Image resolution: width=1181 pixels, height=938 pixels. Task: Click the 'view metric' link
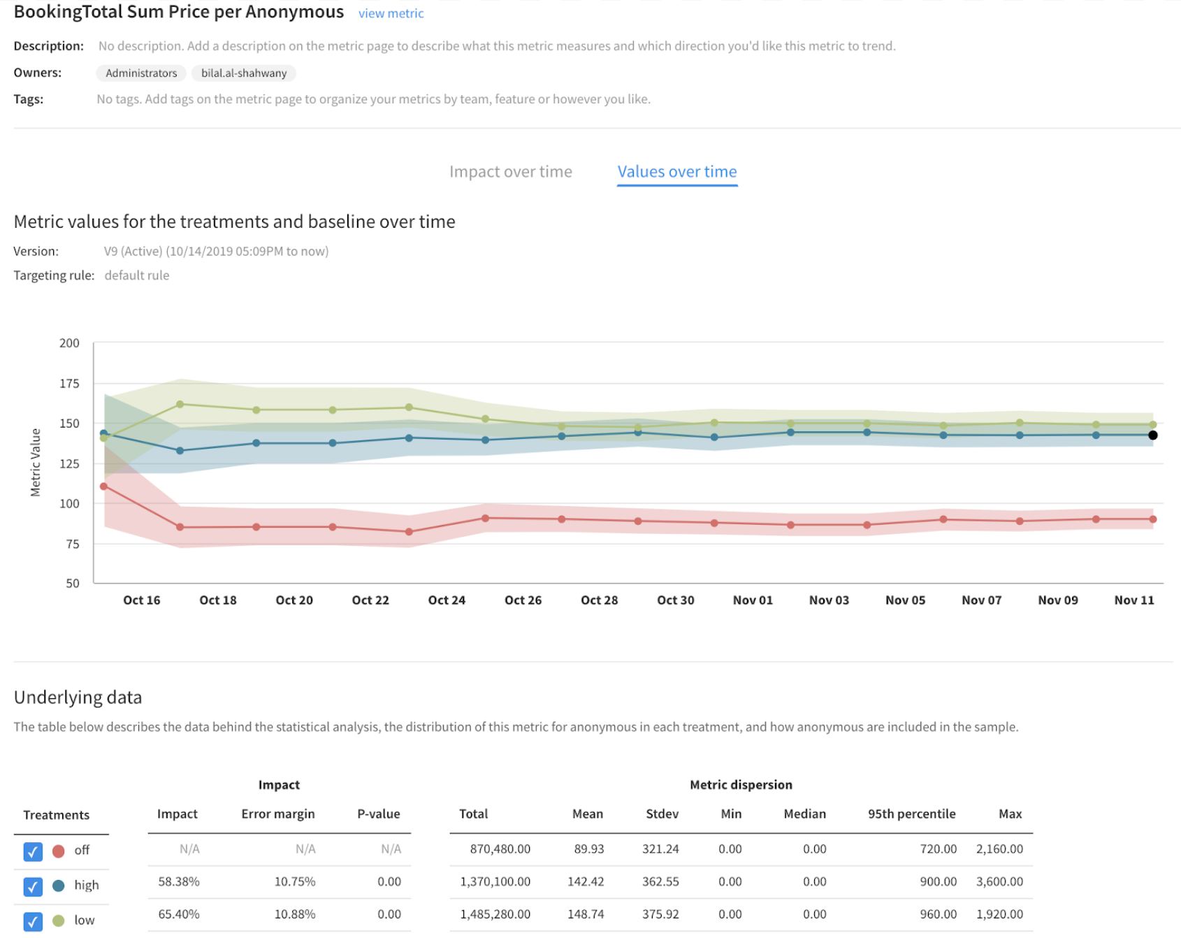click(391, 13)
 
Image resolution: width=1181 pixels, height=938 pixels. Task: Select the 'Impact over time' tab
click(510, 172)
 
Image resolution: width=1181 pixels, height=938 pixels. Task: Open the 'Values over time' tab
click(676, 172)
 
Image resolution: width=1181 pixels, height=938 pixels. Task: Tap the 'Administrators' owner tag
click(141, 73)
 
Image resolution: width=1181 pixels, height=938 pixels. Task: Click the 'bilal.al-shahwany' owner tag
click(244, 73)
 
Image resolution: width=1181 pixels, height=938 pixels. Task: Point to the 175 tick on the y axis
click(69, 383)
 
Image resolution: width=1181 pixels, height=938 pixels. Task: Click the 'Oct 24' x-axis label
click(447, 600)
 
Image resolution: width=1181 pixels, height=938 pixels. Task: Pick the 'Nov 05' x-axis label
click(905, 600)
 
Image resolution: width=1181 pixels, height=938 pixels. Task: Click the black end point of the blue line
click(1152, 435)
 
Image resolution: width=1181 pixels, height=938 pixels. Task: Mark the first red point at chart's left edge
click(104, 486)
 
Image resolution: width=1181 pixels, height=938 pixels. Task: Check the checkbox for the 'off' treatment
click(33, 851)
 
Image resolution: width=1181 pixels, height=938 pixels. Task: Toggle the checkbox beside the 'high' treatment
click(33, 886)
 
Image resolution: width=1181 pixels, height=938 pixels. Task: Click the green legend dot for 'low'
click(59, 921)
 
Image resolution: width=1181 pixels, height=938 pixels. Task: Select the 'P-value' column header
click(378, 814)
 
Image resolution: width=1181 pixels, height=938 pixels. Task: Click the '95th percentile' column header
click(911, 814)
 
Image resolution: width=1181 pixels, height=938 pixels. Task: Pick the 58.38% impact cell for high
click(179, 882)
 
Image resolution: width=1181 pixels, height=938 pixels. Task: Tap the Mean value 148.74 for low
click(586, 914)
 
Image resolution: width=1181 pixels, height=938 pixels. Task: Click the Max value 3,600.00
click(999, 882)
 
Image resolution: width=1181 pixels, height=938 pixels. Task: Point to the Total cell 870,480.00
click(500, 849)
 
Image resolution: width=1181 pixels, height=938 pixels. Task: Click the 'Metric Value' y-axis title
click(36, 463)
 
